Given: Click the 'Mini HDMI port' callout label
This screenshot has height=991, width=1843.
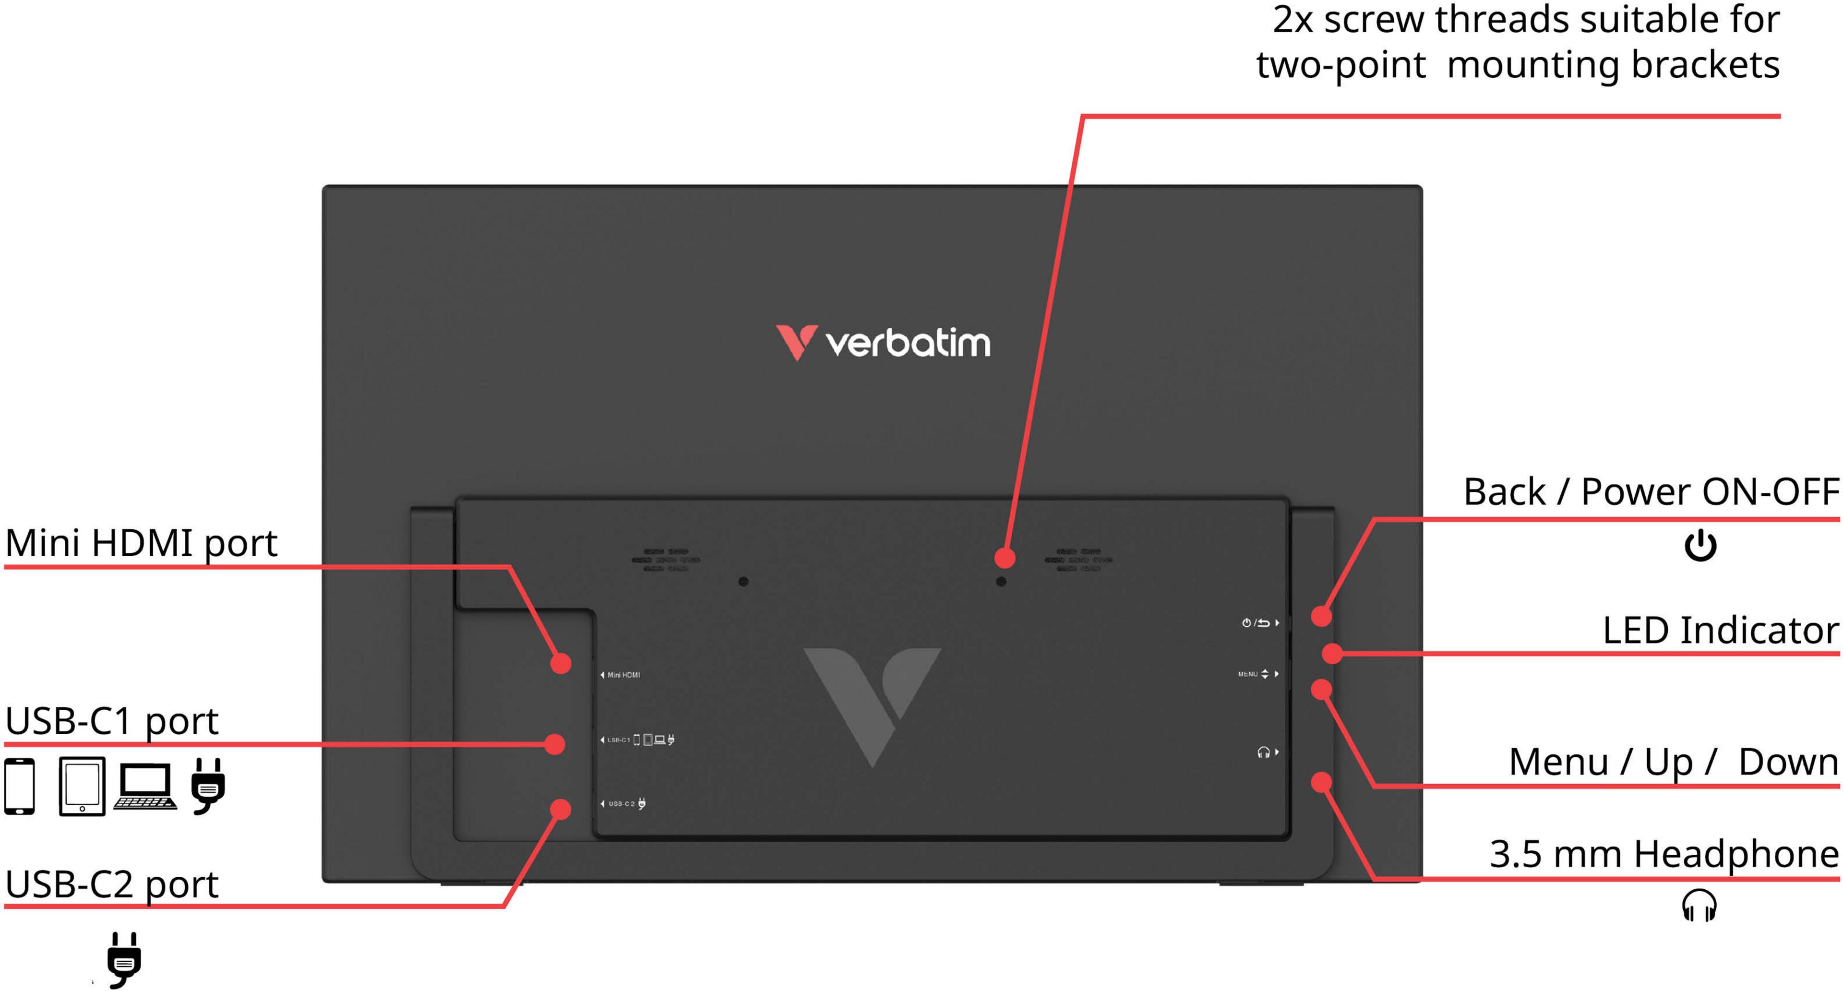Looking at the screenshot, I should (x=141, y=543).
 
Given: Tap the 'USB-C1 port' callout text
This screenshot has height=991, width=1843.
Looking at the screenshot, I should (x=112, y=721).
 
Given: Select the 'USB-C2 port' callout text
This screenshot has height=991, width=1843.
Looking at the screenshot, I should (x=112, y=885).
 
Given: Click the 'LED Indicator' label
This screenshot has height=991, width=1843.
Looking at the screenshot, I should (x=1720, y=631).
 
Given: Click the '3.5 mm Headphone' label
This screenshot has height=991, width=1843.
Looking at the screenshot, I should (x=1663, y=854).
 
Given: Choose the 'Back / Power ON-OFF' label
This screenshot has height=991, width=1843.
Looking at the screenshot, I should (x=1651, y=492).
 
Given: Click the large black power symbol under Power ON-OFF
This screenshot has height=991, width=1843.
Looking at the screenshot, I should (x=1700, y=546).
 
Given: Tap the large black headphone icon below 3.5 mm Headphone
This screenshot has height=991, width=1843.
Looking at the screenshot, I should (x=1699, y=906).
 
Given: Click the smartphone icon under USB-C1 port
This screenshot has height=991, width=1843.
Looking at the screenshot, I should (x=19, y=787).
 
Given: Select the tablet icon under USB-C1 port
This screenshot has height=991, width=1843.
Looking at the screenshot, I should (x=82, y=787).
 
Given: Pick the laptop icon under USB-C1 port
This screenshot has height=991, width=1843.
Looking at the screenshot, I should (x=145, y=787).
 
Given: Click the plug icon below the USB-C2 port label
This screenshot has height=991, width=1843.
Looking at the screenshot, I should (x=124, y=959).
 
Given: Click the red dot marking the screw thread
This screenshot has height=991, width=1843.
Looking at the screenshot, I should (x=1005, y=557).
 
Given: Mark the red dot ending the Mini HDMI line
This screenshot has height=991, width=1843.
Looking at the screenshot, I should (x=561, y=663).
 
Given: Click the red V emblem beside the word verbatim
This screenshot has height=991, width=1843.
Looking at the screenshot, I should (x=796, y=342).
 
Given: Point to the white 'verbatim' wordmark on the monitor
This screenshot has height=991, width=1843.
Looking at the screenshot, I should (x=909, y=344).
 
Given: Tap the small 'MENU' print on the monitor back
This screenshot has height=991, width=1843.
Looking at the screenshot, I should (x=1248, y=674).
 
